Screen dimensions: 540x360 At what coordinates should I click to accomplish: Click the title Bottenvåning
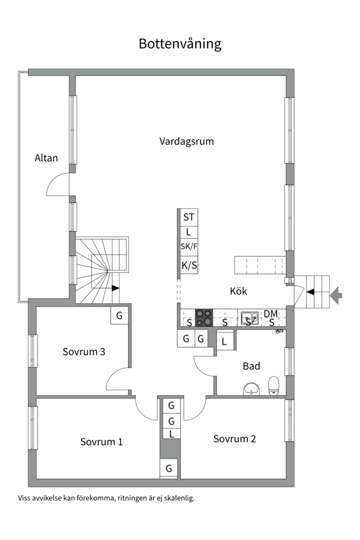[180, 44]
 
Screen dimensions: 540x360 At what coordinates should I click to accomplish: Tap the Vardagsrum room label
[186, 141]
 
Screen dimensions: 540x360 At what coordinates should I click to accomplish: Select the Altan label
[46, 158]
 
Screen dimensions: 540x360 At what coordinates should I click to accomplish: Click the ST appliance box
[188, 217]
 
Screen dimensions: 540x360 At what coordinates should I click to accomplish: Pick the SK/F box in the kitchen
[188, 246]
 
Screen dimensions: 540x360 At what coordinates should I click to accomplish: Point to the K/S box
[188, 266]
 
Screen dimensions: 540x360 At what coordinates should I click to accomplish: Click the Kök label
[238, 291]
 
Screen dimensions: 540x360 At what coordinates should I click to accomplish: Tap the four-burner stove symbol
[203, 317]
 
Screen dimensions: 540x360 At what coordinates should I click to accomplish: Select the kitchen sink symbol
[249, 317]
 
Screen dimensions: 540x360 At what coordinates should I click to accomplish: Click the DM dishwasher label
[270, 313]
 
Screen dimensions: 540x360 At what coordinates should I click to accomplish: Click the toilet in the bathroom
[273, 385]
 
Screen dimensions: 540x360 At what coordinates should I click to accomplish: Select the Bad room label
[251, 366]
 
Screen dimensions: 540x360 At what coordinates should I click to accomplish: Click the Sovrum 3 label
[83, 351]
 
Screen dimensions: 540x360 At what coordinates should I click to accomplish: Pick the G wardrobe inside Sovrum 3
[119, 315]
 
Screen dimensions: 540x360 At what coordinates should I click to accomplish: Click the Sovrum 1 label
[101, 442]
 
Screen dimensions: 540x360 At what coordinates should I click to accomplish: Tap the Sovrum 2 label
[234, 438]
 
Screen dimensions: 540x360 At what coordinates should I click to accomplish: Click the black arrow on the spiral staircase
[115, 288]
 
